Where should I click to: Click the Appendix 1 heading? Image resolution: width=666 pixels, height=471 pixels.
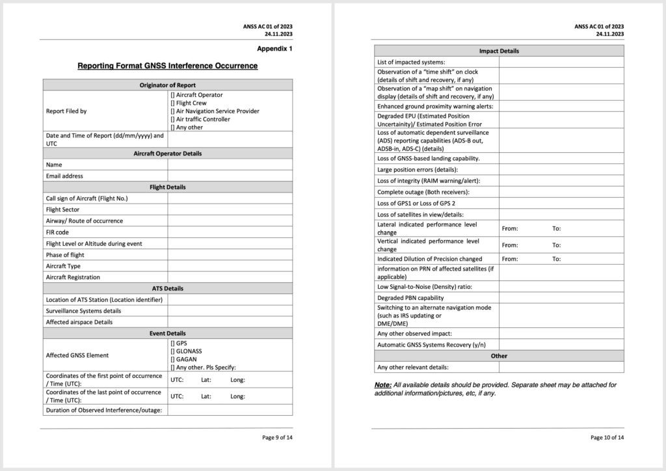pos(274,49)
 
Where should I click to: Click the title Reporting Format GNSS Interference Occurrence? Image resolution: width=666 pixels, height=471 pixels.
pos(167,66)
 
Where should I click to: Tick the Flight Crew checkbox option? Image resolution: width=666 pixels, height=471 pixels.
pos(172,103)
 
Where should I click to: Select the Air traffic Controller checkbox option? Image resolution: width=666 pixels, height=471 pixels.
pos(172,120)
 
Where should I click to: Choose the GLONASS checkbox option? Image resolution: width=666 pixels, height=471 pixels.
pos(172,351)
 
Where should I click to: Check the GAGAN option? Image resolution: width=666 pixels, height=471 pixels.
pos(172,359)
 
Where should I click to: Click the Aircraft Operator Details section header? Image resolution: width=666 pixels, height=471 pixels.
pos(167,154)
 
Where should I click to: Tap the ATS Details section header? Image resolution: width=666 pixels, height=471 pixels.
pos(167,288)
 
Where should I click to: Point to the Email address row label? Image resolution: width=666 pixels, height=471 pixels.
pos(64,176)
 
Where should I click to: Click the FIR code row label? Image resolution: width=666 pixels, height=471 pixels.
pos(57,232)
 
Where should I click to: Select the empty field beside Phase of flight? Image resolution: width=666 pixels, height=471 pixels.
pos(230,255)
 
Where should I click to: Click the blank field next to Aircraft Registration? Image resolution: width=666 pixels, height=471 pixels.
pos(230,277)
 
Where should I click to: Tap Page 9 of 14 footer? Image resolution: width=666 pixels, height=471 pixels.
pos(277,438)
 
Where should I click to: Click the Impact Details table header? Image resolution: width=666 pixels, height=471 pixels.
pos(499,51)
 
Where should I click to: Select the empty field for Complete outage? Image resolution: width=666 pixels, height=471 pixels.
pos(561,192)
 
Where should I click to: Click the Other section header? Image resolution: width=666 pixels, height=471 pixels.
pos(499,356)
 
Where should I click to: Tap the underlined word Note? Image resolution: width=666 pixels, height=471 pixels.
pos(382,385)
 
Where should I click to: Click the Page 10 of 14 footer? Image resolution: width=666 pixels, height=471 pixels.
pos(607,438)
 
